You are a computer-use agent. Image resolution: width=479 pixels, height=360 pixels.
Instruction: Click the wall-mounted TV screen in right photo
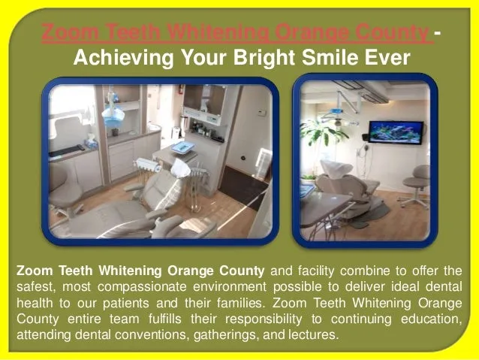(x=395, y=132)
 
